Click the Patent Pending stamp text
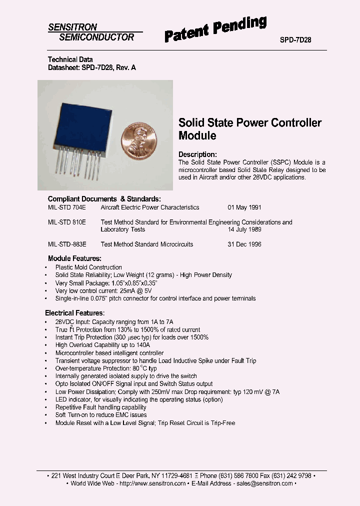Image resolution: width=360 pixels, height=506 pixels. [x=215, y=29]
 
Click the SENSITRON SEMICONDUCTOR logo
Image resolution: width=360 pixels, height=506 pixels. [x=91, y=32]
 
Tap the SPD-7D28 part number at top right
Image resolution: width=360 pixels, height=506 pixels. [x=295, y=40]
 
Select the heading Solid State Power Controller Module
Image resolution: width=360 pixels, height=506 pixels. [x=250, y=129]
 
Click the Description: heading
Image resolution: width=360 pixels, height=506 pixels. [x=197, y=154]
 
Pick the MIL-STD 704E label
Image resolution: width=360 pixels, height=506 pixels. [x=67, y=207]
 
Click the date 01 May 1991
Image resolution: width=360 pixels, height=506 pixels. [x=244, y=207]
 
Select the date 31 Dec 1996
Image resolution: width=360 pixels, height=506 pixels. [x=244, y=244]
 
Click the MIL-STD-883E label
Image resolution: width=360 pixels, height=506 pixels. [x=67, y=244]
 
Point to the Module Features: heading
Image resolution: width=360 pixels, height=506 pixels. [x=74, y=258]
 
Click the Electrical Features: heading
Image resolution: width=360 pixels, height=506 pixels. [x=75, y=313]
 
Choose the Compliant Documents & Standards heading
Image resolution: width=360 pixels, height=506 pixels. [x=104, y=198]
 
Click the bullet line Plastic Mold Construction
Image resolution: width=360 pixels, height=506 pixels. [x=88, y=267]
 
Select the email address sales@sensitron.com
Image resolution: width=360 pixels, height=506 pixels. [x=264, y=483]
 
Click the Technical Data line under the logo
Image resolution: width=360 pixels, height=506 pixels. [x=70, y=59]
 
